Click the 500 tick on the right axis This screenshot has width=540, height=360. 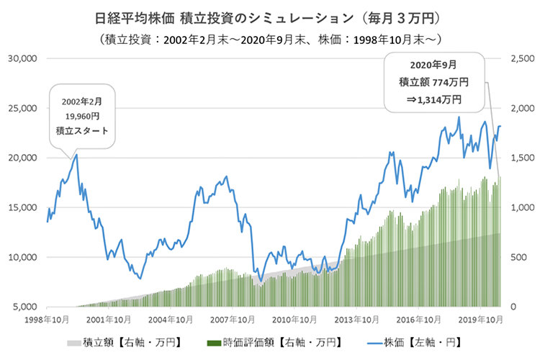point(518,257)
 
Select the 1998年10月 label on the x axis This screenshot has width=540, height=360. point(46,318)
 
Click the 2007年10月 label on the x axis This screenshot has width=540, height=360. point(229,318)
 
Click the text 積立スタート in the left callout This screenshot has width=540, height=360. point(81,131)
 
